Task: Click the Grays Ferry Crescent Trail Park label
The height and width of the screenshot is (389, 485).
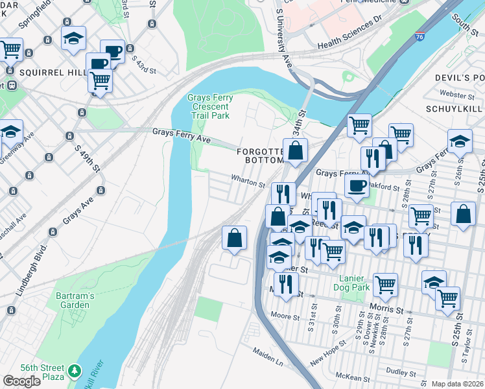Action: tap(209, 106)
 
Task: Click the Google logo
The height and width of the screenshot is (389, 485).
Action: tap(21, 381)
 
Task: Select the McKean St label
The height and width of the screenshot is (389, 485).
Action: tap(353, 379)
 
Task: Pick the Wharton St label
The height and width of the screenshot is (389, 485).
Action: tap(249, 184)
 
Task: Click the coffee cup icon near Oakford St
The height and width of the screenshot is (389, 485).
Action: tap(355, 186)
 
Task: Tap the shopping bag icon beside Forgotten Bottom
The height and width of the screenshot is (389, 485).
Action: tap(295, 150)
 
